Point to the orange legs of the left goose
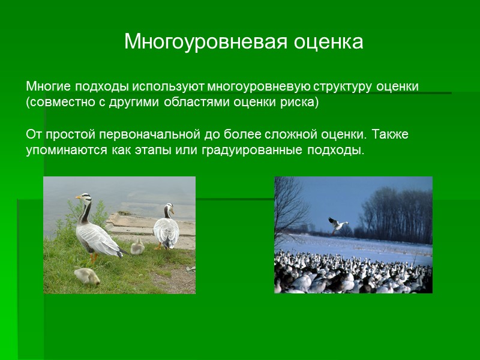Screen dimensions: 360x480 [x=93, y=257]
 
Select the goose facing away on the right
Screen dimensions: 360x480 [x=166, y=228]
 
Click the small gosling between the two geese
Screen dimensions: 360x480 [x=137, y=246]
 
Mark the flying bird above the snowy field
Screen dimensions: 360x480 [x=338, y=224]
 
